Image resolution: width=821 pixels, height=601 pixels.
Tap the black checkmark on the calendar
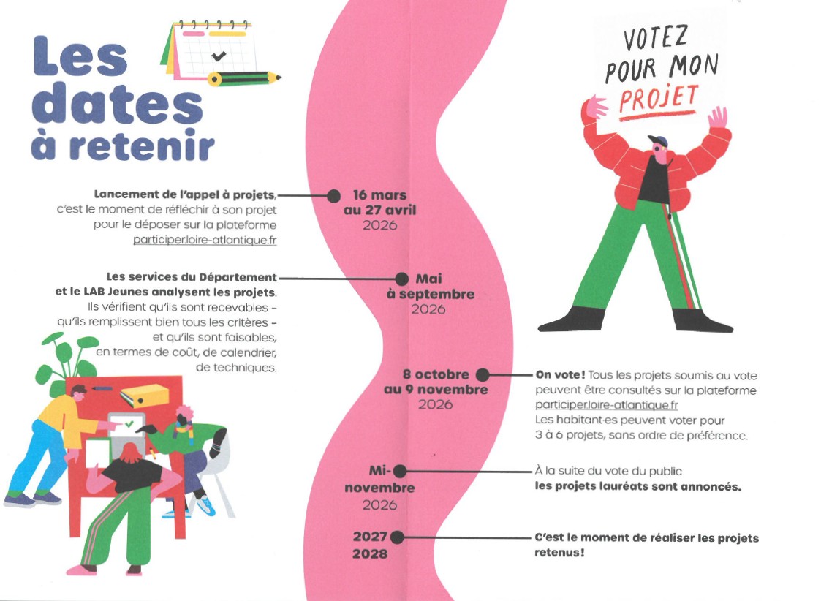pos(219,55)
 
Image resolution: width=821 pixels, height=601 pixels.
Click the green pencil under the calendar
pos(244,78)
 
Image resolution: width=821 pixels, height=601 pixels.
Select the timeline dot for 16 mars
pos(333,196)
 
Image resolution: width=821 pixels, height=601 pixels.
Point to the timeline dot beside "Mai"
pos(401,279)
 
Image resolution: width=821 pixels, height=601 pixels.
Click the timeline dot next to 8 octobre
pos(483,375)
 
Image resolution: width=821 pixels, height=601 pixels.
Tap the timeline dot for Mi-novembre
pos(399,471)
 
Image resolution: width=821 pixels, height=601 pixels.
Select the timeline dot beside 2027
pos(397,537)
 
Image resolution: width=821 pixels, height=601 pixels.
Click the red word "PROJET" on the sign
pos(659,99)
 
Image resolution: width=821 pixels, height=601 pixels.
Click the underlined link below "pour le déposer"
pos(205,241)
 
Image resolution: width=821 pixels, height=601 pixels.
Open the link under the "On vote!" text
pos(606,405)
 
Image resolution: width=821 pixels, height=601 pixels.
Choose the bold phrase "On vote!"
pos(560,375)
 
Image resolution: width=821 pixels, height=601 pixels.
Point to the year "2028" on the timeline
pos(370,554)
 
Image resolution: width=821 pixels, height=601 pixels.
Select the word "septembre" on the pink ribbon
pos(436,294)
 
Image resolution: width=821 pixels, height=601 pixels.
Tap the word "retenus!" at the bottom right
pos(559,552)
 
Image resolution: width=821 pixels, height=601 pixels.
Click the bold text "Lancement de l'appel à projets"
pos(185,194)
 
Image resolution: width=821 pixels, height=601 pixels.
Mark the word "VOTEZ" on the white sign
pos(655,39)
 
